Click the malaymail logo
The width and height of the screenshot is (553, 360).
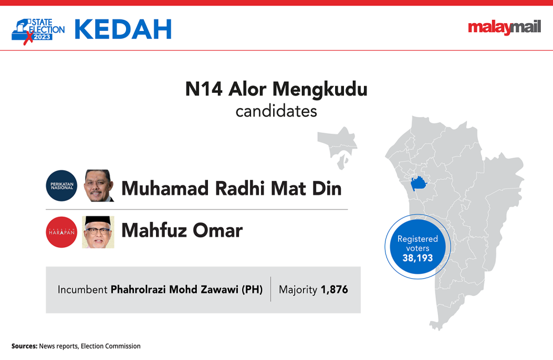[x=504, y=27]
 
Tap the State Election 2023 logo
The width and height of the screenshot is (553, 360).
[x=38, y=31]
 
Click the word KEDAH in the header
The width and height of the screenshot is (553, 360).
[x=123, y=29]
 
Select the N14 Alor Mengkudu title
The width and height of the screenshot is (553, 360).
[x=276, y=89]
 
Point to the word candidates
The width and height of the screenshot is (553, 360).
[x=276, y=111]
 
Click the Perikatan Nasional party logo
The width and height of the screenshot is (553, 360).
[x=62, y=186]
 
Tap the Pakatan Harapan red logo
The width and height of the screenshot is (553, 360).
[x=62, y=232]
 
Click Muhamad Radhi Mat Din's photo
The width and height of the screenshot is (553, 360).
[x=99, y=186]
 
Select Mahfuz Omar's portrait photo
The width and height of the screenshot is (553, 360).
[x=98, y=232]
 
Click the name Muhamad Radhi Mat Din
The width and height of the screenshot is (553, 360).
[x=231, y=188]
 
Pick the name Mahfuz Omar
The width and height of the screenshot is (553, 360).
[x=182, y=231]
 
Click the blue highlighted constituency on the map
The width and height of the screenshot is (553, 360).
[x=418, y=184]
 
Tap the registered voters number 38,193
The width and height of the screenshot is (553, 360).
[x=418, y=258]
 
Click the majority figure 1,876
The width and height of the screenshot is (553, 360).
[x=335, y=290]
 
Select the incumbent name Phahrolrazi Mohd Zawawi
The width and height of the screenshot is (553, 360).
[x=175, y=289]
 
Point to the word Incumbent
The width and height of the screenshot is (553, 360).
[x=82, y=289]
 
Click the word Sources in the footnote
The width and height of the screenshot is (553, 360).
[x=24, y=346]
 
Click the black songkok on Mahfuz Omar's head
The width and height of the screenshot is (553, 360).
[x=98, y=221]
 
